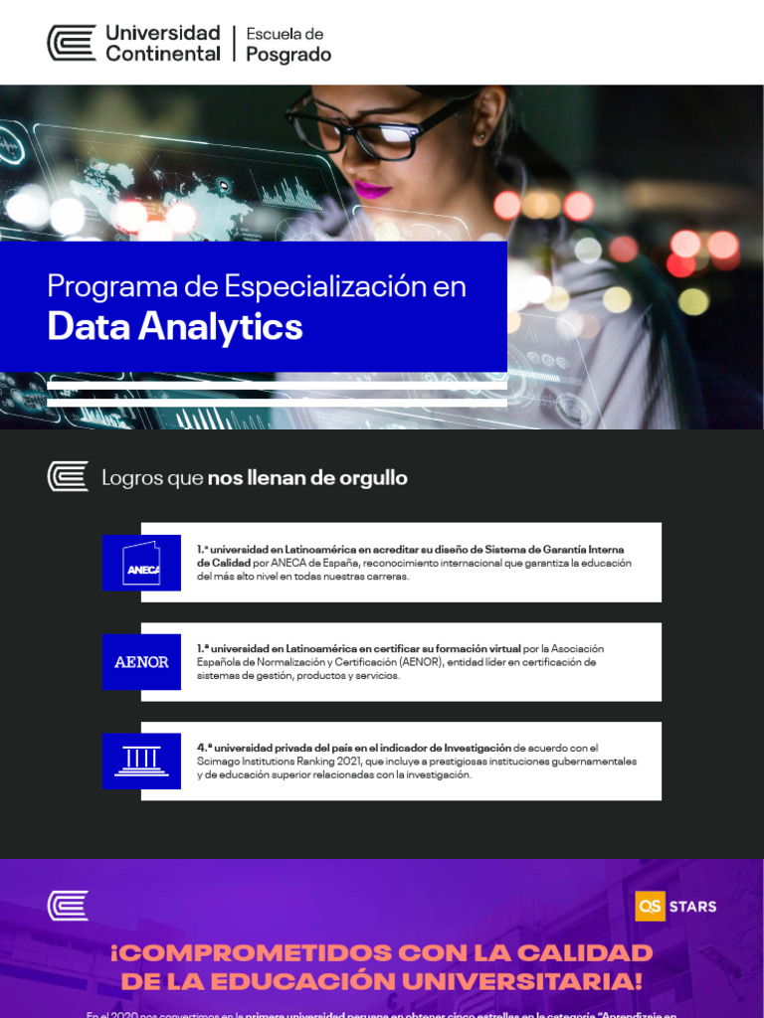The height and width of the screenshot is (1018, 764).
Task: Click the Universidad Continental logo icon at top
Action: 72,43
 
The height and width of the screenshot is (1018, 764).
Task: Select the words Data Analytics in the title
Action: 175,326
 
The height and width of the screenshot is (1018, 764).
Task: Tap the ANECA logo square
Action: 141,563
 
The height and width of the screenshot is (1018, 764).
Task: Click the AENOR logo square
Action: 141,662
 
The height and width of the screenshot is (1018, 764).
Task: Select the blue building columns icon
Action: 141,762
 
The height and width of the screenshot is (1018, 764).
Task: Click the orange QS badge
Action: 650,906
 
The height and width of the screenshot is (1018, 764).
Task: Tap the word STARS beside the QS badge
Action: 692,906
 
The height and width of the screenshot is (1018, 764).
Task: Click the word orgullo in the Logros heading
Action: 372,477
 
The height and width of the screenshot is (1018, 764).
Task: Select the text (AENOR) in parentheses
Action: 425,662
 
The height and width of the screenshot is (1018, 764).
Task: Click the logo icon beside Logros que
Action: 68,477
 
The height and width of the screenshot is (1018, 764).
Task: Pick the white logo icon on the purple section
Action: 68,906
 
